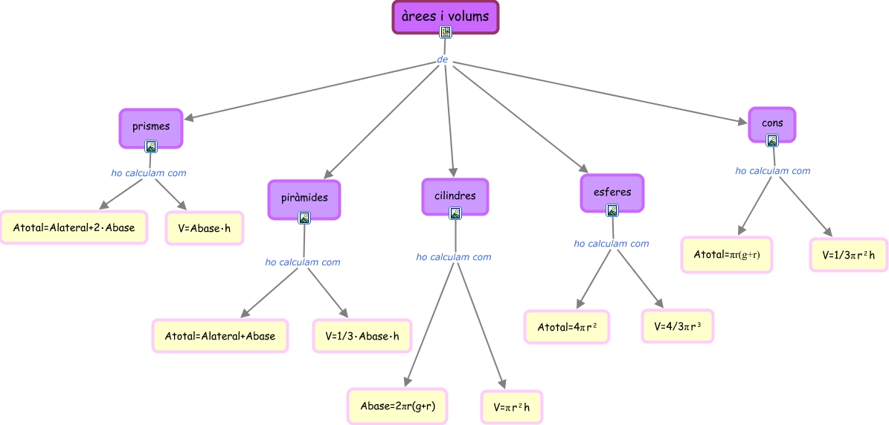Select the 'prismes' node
151,126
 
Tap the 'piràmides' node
304,198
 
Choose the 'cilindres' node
455,195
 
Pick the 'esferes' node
612,192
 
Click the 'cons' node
772,123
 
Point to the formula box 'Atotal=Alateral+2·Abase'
74,227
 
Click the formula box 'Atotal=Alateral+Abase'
219,336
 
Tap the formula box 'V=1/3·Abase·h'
362,336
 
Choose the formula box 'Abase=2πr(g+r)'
397,406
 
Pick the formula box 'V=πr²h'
511,406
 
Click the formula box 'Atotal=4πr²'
567,327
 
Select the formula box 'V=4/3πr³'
678,325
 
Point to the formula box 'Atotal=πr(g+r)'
726,255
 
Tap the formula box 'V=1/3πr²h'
848,255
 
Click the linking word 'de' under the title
443,59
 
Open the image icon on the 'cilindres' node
455,213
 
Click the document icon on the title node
445,32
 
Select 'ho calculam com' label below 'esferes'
612,243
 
